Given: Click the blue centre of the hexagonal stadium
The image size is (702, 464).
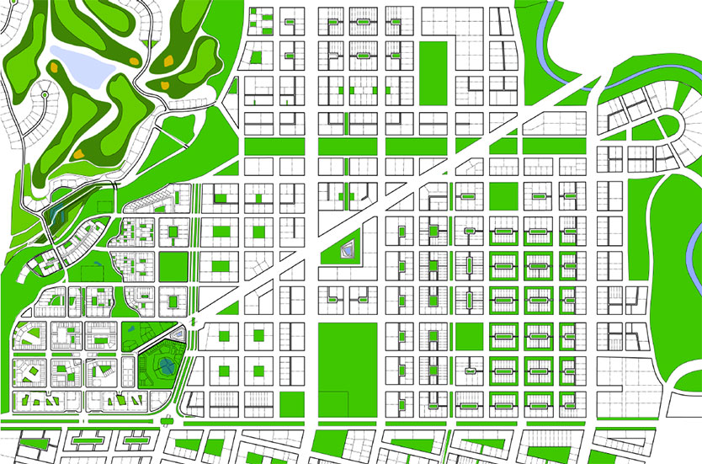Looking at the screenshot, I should (167, 365).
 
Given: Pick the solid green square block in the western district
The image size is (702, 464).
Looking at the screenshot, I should (173, 265).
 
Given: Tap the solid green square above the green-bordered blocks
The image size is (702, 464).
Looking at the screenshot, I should (503, 195).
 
